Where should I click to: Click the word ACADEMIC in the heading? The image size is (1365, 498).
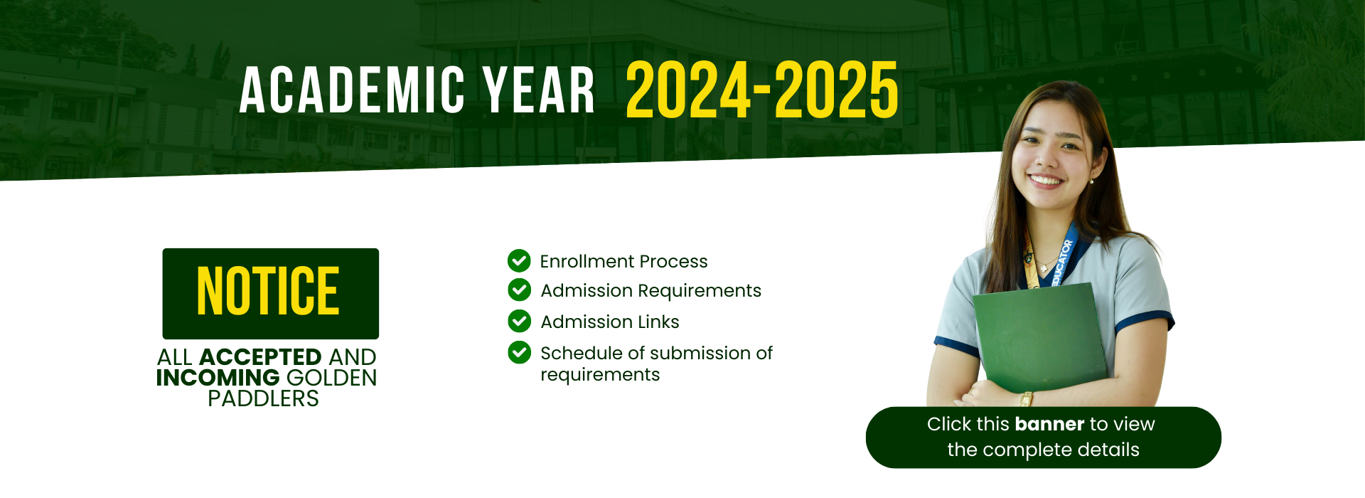click(353, 90)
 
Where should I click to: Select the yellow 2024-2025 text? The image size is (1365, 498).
click(762, 90)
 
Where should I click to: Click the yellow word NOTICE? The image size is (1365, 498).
click(268, 291)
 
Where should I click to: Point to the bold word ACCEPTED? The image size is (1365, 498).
click(260, 356)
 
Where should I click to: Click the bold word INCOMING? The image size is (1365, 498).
click(218, 377)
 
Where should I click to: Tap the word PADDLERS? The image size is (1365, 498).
click(263, 398)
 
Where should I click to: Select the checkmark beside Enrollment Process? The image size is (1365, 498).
click(519, 261)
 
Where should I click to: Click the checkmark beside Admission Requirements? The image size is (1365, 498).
click(519, 290)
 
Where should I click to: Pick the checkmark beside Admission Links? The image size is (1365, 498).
click(519, 321)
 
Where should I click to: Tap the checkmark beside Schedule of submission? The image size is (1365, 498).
click(519, 352)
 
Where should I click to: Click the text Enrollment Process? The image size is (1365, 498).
click(623, 262)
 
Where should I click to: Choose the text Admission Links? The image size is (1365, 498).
click(610, 322)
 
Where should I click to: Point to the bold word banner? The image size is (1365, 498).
click(1049, 424)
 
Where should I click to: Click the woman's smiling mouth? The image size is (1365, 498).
click(1046, 181)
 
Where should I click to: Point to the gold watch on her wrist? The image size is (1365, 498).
click(1026, 399)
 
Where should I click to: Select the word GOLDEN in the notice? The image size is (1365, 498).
click(331, 377)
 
